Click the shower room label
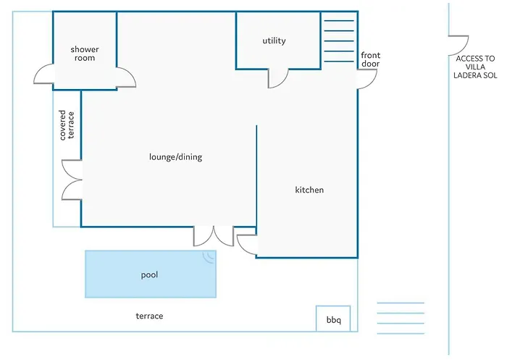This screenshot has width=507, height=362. click(x=85, y=54)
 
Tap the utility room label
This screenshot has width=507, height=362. click(x=275, y=41)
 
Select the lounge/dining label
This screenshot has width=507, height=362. click(x=175, y=157)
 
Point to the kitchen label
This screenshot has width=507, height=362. click(x=309, y=190)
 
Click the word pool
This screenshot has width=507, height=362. click(x=149, y=275)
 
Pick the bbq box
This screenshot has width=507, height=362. click(x=333, y=319)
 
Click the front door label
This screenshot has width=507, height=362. click(x=371, y=59)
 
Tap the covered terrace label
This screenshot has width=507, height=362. click(x=67, y=125)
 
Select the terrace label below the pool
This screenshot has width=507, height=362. click(x=149, y=316)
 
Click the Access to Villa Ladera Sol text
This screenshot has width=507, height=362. click(x=475, y=67)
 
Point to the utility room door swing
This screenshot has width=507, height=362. click(x=277, y=78)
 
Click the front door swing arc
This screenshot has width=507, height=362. click(x=367, y=79)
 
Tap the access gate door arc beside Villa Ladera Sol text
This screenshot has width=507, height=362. click(x=458, y=46)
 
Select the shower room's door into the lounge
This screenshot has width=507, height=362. click(x=126, y=77)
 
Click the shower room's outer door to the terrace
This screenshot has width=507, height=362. click(x=43, y=74)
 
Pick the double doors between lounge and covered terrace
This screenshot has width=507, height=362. click(x=72, y=180)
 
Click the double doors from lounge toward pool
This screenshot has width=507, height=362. click(x=214, y=236)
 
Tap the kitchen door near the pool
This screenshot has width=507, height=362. click(x=248, y=245)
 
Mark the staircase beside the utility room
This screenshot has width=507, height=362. click(x=339, y=41)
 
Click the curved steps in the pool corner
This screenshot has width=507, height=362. click(x=209, y=257)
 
